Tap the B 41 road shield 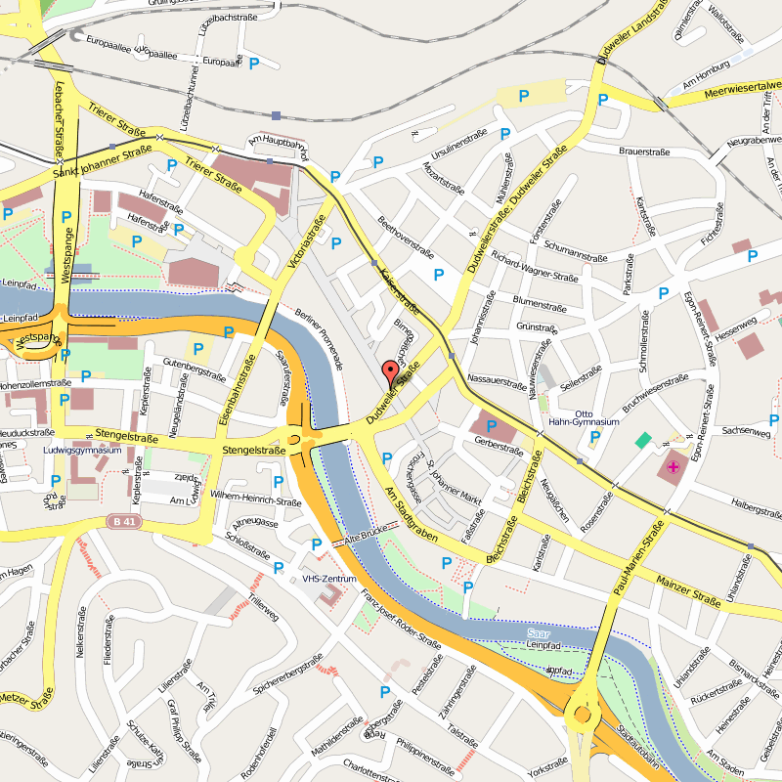click(x=123, y=522)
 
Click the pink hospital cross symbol click(x=673, y=467)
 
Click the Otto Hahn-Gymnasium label click(x=597, y=417)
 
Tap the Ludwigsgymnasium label click(x=82, y=451)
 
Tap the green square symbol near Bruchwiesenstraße click(x=642, y=441)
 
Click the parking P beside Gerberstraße click(x=492, y=426)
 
